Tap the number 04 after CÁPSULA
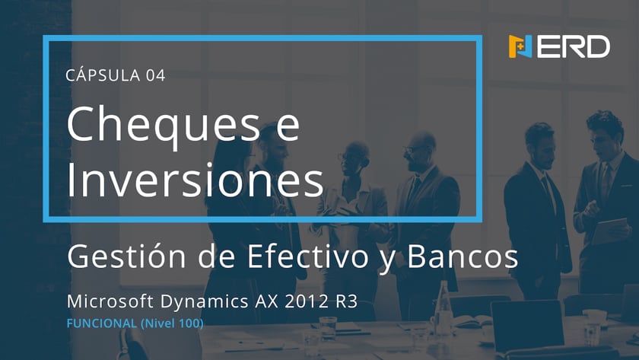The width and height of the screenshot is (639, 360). pyautogui.click(x=156, y=75)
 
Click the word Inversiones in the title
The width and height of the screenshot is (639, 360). pyautogui.click(x=196, y=179)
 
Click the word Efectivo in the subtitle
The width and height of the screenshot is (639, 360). pyautogui.click(x=308, y=256)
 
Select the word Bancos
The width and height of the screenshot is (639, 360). pyautogui.click(x=463, y=256)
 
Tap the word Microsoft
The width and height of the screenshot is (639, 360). pyautogui.click(x=110, y=301)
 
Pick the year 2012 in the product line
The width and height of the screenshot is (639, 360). pyautogui.click(x=307, y=301)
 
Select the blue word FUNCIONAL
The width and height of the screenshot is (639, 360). pyautogui.click(x=101, y=323)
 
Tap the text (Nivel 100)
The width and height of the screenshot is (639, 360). pyautogui.click(x=172, y=323)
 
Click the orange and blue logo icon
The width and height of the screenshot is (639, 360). pyautogui.click(x=520, y=46)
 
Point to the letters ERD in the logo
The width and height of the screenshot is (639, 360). pyautogui.click(x=574, y=46)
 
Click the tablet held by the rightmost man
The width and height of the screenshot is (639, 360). pyautogui.click(x=609, y=231)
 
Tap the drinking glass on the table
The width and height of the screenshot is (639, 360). pyautogui.click(x=328, y=329)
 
